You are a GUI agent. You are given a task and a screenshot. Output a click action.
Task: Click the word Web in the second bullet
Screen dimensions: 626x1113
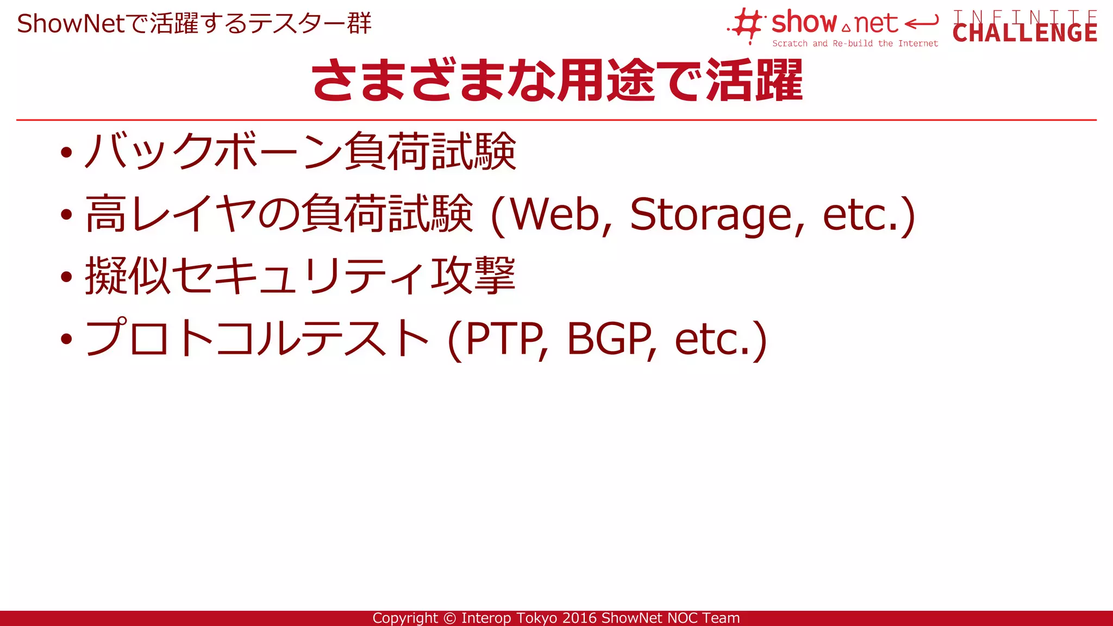[x=554, y=215]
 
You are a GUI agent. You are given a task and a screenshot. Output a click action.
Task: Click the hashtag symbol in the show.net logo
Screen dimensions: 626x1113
[x=748, y=25]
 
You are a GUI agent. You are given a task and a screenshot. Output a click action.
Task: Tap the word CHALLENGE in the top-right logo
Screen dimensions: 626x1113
[x=1024, y=33]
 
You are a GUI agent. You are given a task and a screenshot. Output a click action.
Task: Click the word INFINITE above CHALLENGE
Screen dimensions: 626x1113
[x=1024, y=16]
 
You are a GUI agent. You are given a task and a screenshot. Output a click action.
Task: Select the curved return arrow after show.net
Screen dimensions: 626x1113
[x=922, y=23]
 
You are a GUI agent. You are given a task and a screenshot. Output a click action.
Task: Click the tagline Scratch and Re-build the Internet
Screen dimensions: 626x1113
[x=855, y=43]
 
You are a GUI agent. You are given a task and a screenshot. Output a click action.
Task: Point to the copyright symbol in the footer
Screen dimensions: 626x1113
[x=449, y=618]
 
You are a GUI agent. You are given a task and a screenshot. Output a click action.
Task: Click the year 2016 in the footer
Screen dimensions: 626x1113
[x=580, y=618]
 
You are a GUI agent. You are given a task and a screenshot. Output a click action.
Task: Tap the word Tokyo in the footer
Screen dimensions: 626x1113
[x=537, y=618]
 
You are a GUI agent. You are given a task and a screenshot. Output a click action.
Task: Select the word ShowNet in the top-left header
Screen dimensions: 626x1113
[x=71, y=24]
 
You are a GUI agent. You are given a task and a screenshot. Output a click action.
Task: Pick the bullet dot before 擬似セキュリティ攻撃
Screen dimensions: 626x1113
[x=66, y=277]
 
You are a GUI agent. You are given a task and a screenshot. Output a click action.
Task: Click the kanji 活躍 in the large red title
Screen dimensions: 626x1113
[x=754, y=82]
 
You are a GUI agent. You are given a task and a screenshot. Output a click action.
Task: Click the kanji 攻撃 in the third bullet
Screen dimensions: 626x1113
[x=473, y=276]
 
